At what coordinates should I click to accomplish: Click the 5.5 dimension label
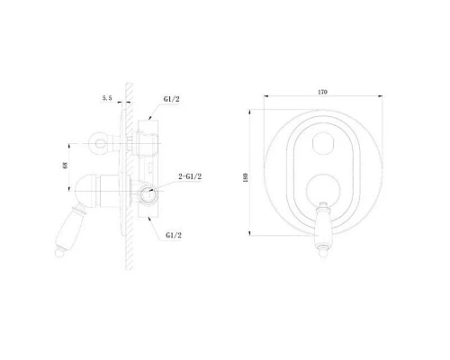pyautogui.click(x=107, y=98)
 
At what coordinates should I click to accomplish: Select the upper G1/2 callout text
pyautogui.click(x=171, y=99)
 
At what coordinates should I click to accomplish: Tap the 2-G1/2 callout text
pyautogui.click(x=190, y=176)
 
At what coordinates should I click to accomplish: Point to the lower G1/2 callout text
pyautogui.click(x=174, y=235)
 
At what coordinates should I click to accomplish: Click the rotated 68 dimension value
pyautogui.click(x=65, y=166)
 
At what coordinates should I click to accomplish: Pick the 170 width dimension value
pyautogui.click(x=322, y=92)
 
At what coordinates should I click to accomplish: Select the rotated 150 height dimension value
pyautogui.click(x=246, y=178)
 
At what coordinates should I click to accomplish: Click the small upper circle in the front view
pyautogui.click(x=323, y=142)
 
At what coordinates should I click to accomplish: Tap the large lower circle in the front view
pyautogui.click(x=323, y=191)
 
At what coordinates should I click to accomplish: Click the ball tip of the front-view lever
pyautogui.click(x=323, y=254)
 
